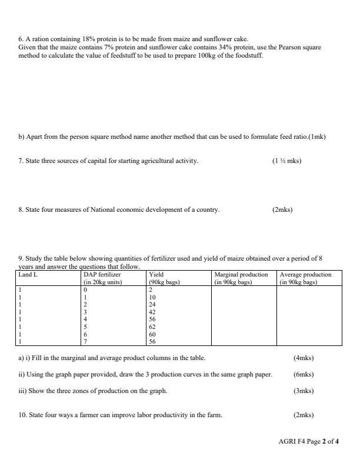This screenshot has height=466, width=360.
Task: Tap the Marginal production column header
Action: tap(241, 275)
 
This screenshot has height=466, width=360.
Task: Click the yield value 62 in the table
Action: tap(153, 326)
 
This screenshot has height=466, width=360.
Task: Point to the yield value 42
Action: tap(153, 312)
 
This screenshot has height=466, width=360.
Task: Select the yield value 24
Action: tap(153, 305)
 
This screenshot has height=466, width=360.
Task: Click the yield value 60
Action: tap(153, 334)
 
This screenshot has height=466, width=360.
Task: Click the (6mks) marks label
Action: tap(303, 374)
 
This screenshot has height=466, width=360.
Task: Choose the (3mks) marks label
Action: tap(303, 391)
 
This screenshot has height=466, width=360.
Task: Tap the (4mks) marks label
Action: tap(303, 358)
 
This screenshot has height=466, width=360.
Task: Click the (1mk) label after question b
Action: tap(317, 137)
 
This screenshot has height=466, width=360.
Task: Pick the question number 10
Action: tap(22, 415)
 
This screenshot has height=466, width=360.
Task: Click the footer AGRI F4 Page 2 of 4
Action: tap(309, 441)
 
